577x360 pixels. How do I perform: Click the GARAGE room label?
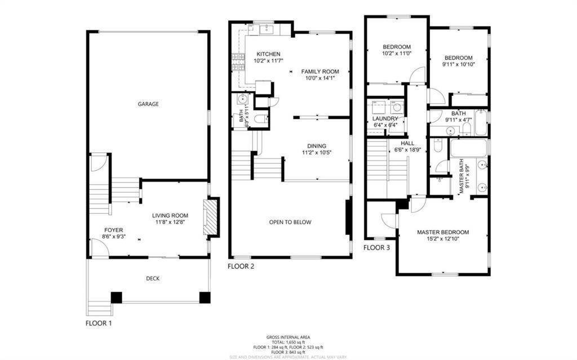pos(148,104)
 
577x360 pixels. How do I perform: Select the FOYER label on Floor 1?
pos(113,230)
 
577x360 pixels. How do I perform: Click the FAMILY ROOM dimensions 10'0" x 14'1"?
pos(320,79)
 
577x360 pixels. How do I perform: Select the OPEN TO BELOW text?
pos(290,222)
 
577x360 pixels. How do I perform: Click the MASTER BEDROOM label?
pos(442,232)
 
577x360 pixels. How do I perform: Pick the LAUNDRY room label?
pos(385,119)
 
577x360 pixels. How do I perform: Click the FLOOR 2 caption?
pos(241,266)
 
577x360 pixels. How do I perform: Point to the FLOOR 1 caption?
pos(99,323)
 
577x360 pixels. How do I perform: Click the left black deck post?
pos(117,297)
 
